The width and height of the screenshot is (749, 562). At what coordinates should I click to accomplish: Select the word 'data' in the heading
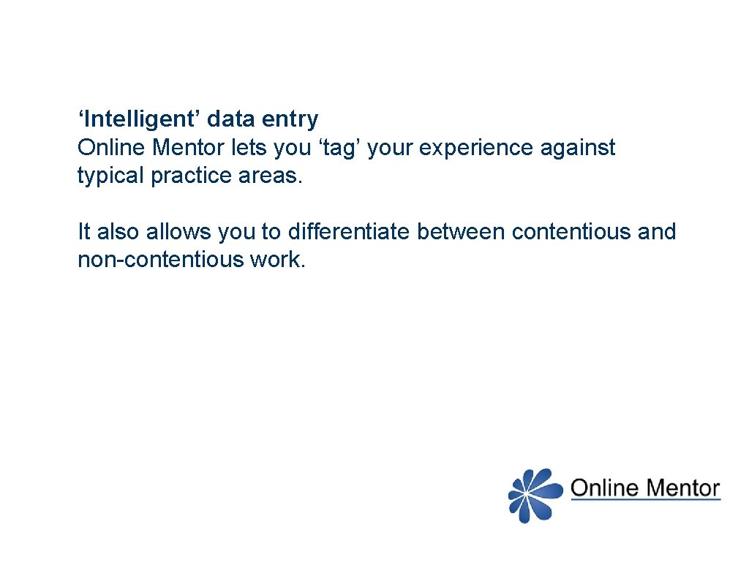click(233, 119)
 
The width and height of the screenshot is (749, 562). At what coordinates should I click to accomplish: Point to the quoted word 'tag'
click(339, 148)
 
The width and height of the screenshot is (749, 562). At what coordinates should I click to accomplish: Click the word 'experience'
click(472, 148)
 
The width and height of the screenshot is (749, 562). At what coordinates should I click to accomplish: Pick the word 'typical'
click(111, 176)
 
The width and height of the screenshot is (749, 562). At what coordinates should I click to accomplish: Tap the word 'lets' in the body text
click(249, 148)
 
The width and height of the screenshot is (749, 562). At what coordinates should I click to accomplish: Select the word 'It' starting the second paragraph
click(84, 232)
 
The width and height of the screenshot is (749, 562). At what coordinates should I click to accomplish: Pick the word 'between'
click(461, 232)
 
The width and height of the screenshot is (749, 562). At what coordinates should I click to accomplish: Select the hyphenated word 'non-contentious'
click(160, 260)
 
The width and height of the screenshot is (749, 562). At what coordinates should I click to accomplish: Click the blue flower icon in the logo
click(535, 495)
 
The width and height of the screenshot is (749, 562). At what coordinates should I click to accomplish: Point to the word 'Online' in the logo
click(603, 489)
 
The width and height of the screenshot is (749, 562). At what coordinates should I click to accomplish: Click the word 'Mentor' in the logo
click(682, 489)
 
